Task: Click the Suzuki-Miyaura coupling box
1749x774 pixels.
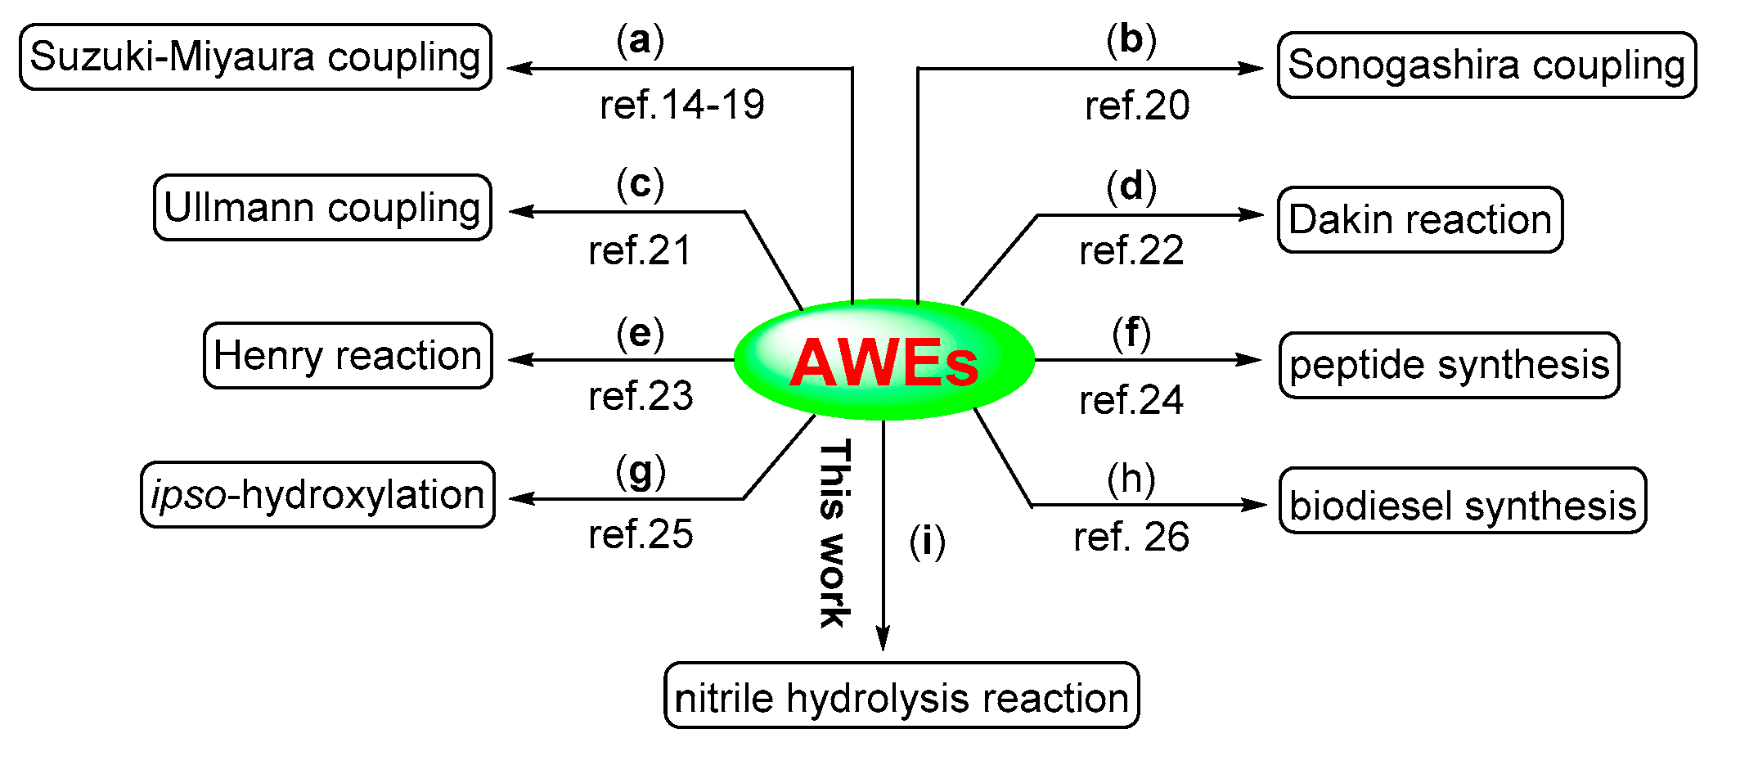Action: (x=255, y=57)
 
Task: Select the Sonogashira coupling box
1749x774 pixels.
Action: (x=1486, y=65)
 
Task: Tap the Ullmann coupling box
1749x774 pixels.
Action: (x=322, y=208)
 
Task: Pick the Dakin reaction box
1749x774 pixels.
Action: (x=1420, y=220)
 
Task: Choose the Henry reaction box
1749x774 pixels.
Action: (x=348, y=356)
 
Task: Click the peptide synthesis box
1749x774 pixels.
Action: (x=1449, y=365)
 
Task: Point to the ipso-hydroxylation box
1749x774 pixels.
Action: (x=317, y=495)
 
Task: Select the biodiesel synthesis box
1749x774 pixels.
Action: (x=1462, y=501)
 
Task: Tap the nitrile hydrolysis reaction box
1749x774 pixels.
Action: (x=901, y=696)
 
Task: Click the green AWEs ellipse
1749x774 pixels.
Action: (x=883, y=360)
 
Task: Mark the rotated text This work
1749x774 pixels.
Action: (x=834, y=533)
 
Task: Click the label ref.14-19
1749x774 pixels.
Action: (x=682, y=106)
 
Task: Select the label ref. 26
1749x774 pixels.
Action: (x=1131, y=538)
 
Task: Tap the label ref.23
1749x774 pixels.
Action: (x=641, y=396)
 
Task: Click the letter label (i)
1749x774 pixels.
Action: (x=927, y=542)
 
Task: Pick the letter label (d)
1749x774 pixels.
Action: (x=1131, y=187)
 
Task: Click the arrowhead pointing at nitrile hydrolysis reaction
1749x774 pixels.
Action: (x=883, y=638)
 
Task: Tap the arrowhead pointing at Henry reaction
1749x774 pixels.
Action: (x=520, y=359)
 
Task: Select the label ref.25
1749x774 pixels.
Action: (x=641, y=534)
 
